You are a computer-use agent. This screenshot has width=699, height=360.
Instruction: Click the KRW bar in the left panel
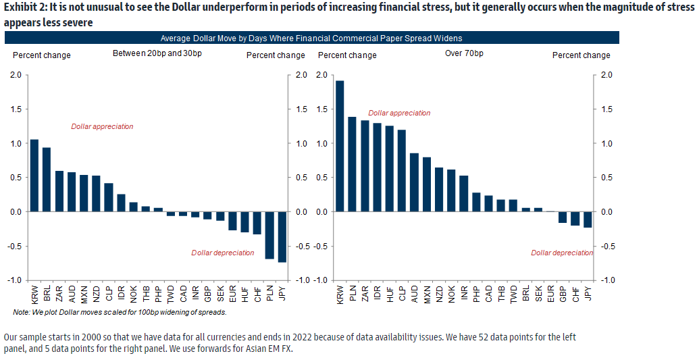click(x=34, y=176)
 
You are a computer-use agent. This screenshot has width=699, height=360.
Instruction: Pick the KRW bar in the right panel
click(x=340, y=146)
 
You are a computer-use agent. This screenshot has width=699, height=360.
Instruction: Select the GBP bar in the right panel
click(x=562, y=217)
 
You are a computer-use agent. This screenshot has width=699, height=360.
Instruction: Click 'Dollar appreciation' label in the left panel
click(x=103, y=126)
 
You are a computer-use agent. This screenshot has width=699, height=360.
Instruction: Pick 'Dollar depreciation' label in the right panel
click(x=562, y=253)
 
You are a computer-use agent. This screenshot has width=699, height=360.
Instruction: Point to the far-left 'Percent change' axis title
click(x=42, y=55)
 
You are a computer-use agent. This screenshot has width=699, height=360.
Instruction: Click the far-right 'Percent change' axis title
click(x=581, y=55)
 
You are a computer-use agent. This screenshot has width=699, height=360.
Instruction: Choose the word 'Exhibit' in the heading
click(x=20, y=8)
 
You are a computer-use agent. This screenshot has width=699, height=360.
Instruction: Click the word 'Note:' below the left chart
click(x=22, y=312)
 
